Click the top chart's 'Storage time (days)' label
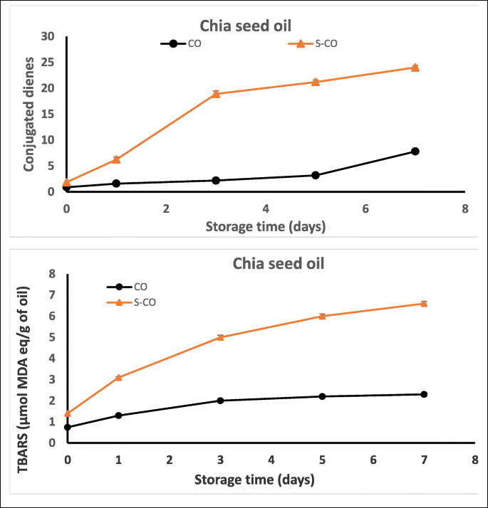[x=265, y=228]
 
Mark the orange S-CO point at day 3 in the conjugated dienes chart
[x=216, y=94]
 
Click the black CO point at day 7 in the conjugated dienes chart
[x=415, y=151]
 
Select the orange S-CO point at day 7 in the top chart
[x=415, y=68]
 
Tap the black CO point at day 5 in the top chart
[x=316, y=175]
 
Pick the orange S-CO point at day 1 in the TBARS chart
[x=118, y=378]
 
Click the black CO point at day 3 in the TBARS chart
[x=220, y=401]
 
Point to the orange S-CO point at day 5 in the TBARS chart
[x=322, y=316]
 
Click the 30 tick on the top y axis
[x=48, y=36]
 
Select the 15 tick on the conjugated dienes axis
[x=48, y=114]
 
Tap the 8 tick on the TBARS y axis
[x=51, y=274]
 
